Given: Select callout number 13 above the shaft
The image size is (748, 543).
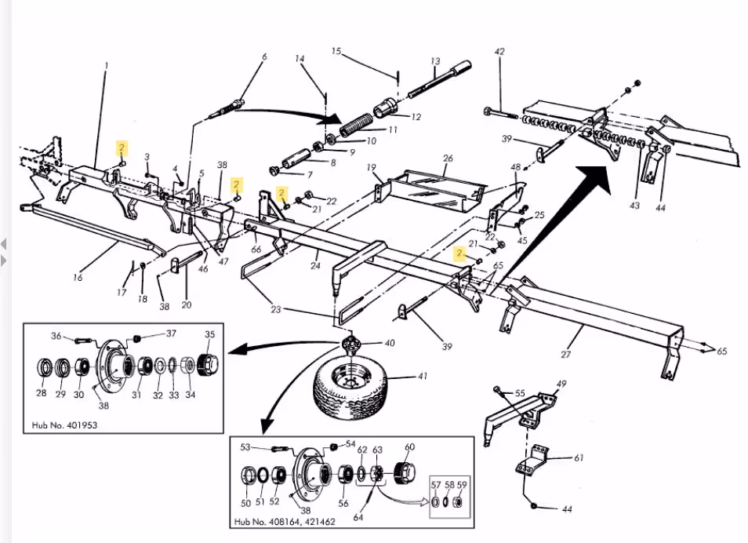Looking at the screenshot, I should click(x=435, y=61).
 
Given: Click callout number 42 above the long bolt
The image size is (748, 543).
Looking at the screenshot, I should click(x=499, y=53).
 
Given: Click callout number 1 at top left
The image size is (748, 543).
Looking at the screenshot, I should click(x=107, y=65).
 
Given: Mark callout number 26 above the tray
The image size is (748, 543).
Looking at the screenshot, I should click(x=448, y=159).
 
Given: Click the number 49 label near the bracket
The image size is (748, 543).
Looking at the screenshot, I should click(x=561, y=384).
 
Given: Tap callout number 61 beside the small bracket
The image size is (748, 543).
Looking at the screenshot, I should click(x=579, y=458).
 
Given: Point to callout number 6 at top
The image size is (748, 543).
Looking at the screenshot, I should click(x=264, y=57).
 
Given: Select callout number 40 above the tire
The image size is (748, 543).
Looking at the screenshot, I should click(x=390, y=344).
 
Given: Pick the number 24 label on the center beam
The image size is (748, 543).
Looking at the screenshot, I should click(x=315, y=265).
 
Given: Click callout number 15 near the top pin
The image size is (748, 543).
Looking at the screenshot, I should click(x=336, y=52).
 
